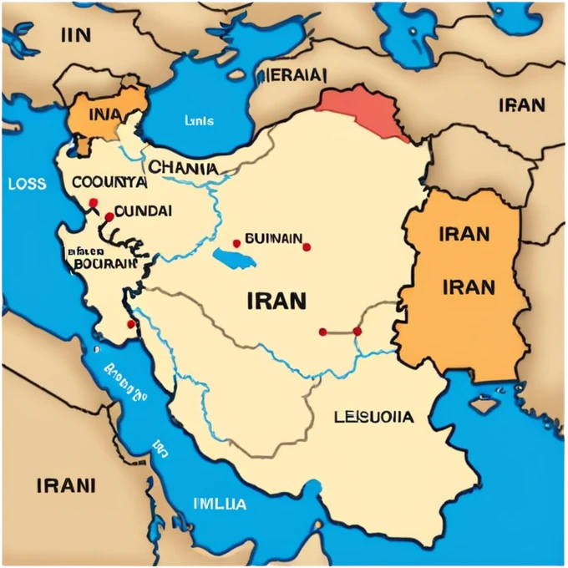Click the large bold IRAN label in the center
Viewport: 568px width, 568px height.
tap(276, 300)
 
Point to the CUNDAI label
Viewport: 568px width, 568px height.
tap(143, 211)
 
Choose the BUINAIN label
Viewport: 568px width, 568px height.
tap(273, 239)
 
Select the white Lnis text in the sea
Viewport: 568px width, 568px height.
tap(199, 120)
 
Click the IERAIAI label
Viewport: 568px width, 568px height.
tap(292, 74)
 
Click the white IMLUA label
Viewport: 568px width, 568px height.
tap(220, 504)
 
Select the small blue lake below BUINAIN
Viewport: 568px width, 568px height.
tap(234, 256)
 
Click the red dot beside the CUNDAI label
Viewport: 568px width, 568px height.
tap(109, 217)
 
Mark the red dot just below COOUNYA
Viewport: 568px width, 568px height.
tap(93, 202)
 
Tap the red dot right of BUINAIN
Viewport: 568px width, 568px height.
tap(307, 247)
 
